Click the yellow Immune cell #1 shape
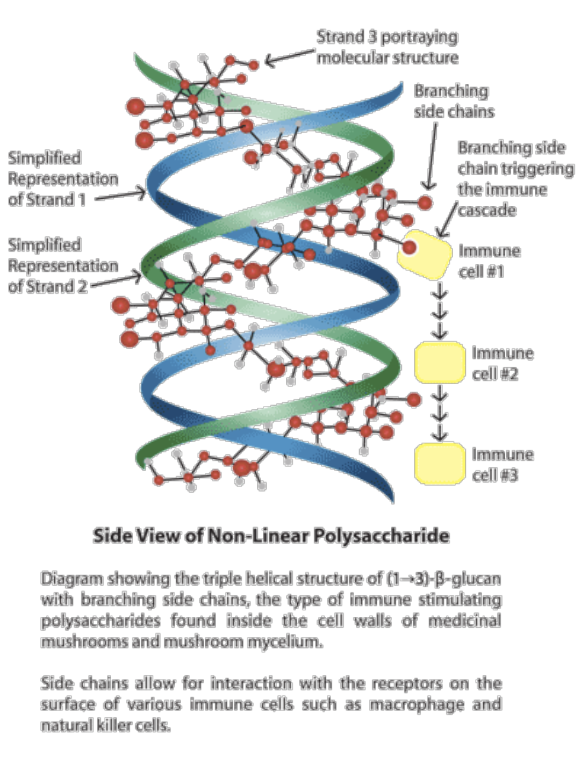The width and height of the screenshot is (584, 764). point(424,255)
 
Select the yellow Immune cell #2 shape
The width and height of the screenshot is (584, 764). point(439,362)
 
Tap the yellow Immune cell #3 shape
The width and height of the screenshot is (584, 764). point(439,463)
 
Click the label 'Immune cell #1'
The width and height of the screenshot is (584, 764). point(489,261)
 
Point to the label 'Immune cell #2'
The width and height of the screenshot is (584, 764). point(502,363)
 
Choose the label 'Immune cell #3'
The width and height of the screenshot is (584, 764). point(502,465)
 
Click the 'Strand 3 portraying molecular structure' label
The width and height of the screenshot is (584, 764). point(388,46)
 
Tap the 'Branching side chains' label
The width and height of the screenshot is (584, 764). point(454,101)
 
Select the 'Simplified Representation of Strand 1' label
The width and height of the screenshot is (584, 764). point(63,178)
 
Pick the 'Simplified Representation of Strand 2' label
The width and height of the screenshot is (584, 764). point(63,266)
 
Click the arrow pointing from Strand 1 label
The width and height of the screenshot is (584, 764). point(120,195)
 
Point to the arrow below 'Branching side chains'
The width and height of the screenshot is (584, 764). point(432,156)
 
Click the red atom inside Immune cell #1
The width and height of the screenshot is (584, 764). point(410,248)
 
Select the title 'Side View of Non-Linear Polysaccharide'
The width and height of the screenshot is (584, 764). point(271,536)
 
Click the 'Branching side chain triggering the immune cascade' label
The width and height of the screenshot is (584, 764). point(516,178)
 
